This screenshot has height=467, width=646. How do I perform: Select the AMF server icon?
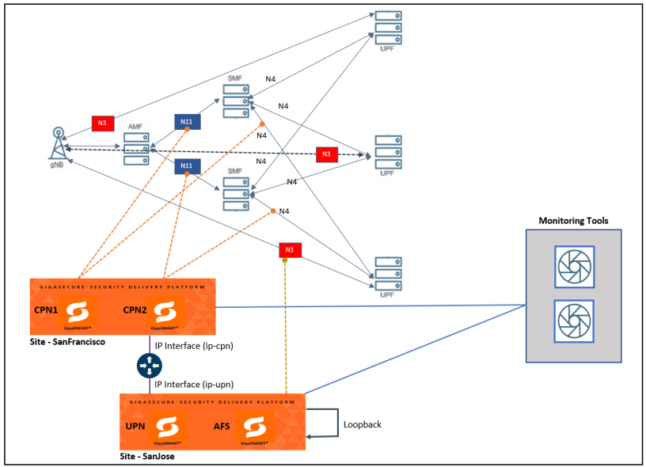[136, 148]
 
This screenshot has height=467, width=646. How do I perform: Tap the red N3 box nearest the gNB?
[101, 123]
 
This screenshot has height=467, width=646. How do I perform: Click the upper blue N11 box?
[187, 121]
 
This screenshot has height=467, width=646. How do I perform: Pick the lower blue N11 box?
[187, 165]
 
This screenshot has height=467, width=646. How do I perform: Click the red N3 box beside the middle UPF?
[327, 154]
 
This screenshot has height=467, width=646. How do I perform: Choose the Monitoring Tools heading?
[573, 221]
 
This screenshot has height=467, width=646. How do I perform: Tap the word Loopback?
[363, 424]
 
